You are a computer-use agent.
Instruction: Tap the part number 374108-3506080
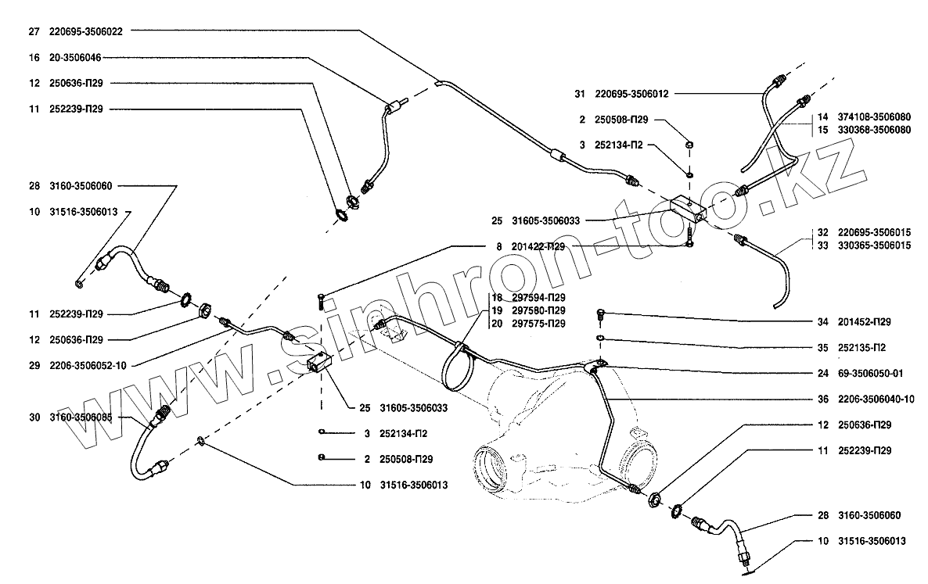[875, 116]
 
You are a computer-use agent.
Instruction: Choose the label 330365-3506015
[875, 245]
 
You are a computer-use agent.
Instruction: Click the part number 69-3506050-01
[871, 373]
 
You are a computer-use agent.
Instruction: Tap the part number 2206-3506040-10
[876, 399]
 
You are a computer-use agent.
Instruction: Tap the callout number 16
[33, 57]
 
